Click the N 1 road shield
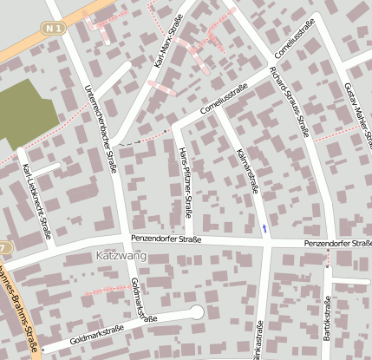55,29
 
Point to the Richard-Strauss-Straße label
290,101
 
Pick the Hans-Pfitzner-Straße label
185,181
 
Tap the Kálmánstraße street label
247,169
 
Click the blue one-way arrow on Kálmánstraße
264,228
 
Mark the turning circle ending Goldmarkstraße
197,311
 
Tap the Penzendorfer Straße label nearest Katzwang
166,239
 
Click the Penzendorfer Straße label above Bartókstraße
336,245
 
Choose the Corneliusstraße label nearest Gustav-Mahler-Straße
293,35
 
